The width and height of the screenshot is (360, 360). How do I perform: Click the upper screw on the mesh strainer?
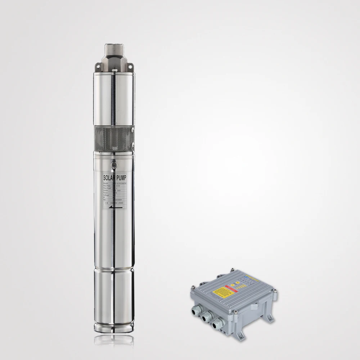133,130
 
